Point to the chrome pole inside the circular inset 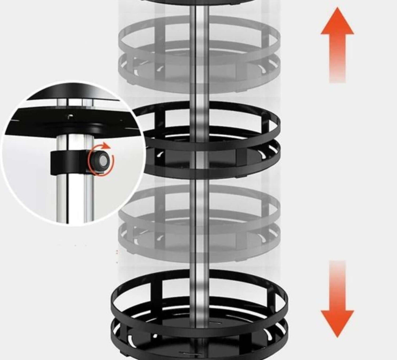point(68,195)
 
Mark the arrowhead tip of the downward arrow point(337,336)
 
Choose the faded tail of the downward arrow point(337,268)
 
